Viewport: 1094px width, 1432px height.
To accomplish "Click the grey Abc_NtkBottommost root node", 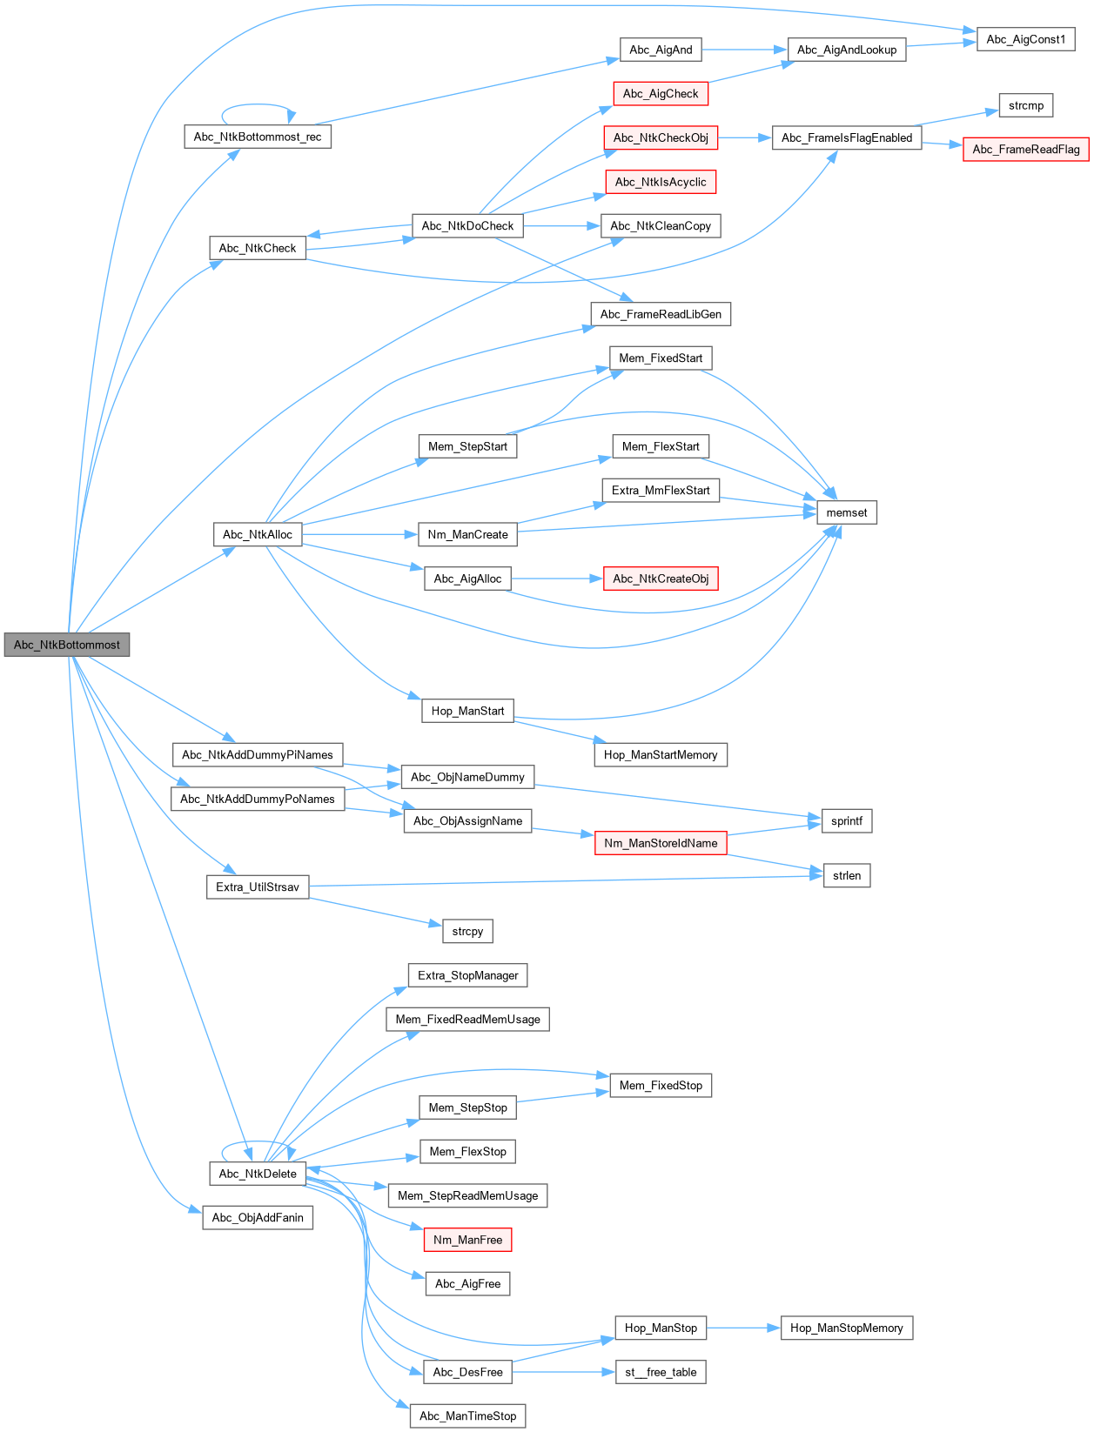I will click(x=67, y=645).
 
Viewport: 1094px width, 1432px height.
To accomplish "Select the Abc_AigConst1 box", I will click(x=1025, y=39).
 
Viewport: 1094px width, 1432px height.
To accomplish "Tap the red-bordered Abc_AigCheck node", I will click(x=661, y=94).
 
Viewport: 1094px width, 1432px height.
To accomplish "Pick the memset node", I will click(x=846, y=512).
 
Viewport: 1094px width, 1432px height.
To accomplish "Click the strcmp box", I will click(x=1025, y=105).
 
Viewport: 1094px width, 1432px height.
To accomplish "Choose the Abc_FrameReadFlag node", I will click(x=1025, y=150).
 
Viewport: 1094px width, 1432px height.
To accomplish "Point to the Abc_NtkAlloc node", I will click(x=258, y=534).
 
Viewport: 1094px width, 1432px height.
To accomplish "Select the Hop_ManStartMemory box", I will click(x=661, y=755).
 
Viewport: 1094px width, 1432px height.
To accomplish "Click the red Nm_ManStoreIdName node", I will click(x=661, y=843).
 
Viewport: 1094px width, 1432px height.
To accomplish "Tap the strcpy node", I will click(x=467, y=931).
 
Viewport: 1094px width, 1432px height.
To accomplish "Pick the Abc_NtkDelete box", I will click(x=258, y=1174).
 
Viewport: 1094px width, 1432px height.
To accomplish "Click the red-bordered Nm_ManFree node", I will click(x=467, y=1240).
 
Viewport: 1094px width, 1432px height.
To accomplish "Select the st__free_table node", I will click(x=661, y=1372).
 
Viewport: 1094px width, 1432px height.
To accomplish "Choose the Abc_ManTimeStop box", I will click(x=467, y=1416).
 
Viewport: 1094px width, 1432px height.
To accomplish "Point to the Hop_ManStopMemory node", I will click(x=846, y=1328).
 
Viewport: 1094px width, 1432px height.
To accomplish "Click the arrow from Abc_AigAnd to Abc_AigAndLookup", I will click(x=744, y=50).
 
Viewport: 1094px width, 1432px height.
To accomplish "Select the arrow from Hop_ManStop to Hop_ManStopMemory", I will click(x=743, y=1328).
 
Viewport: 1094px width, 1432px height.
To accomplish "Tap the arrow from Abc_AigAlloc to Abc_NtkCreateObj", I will click(x=557, y=579).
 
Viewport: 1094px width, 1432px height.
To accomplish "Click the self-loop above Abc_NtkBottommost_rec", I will click(x=258, y=105).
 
